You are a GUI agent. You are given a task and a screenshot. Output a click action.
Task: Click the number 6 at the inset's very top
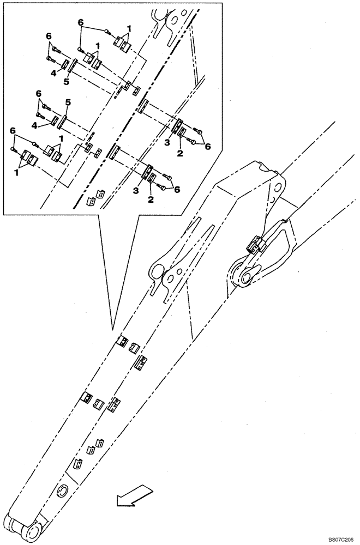pos(81,23)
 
